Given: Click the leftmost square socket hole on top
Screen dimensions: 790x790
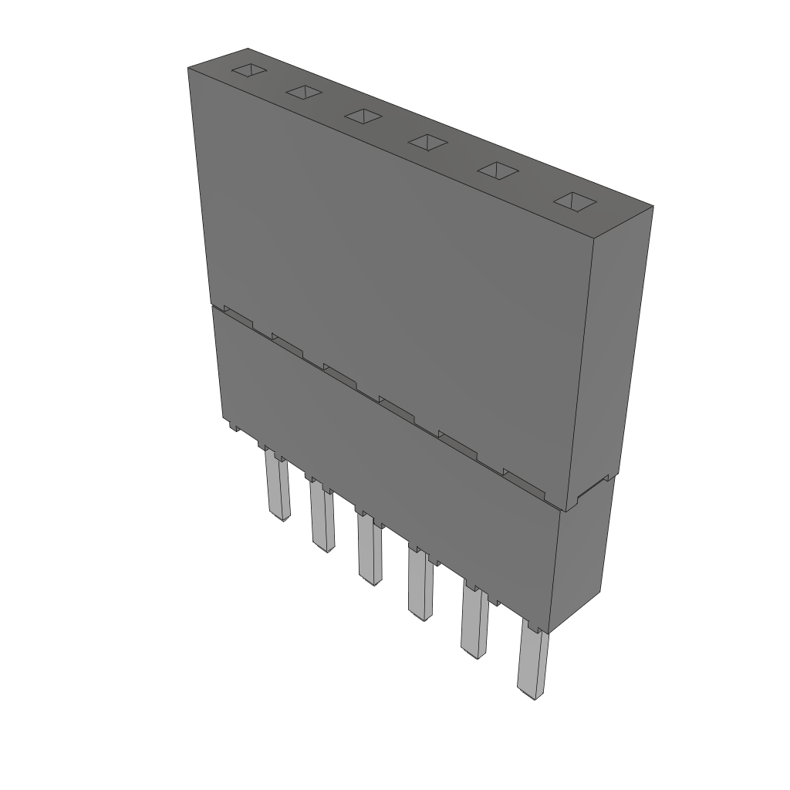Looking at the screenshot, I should pyautogui.click(x=250, y=71).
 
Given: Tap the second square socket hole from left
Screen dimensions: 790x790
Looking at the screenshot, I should pyautogui.click(x=303, y=93).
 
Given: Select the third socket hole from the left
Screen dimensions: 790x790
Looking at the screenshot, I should pyautogui.click(x=363, y=116).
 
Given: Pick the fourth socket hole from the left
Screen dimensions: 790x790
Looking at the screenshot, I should pyautogui.click(x=428, y=141).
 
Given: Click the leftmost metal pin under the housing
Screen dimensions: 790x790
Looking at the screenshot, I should pyautogui.click(x=276, y=486).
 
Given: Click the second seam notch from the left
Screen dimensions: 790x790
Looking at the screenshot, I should pyautogui.click(x=287, y=343).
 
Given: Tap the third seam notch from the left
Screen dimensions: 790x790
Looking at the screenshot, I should pyautogui.click(x=339, y=373).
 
